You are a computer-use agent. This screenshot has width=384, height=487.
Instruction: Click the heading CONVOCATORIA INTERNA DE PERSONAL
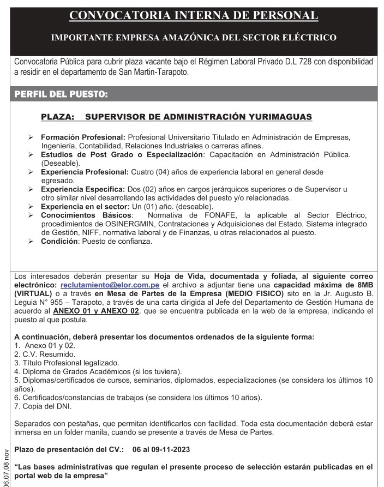[194, 15]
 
